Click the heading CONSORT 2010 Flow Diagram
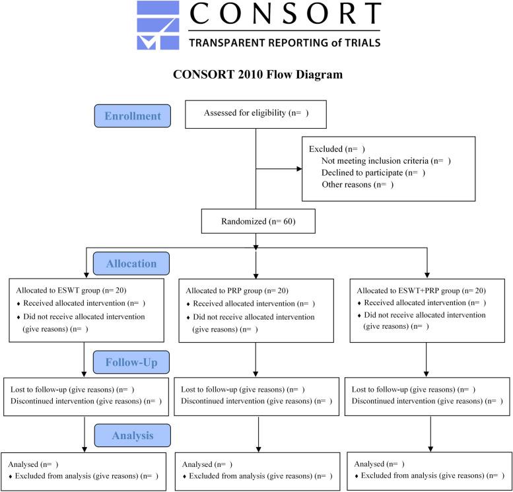pos(257,75)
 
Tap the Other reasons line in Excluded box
pos(357,184)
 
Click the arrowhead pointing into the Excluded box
pos(298,169)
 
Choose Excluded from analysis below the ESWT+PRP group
pos(429,475)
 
